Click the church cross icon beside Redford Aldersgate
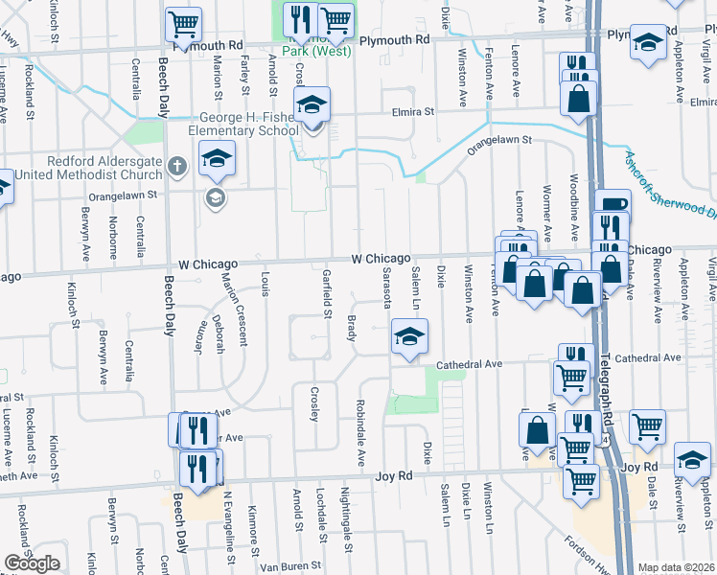[176, 167]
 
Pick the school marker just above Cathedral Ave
[409, 336]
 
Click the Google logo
[32, 563]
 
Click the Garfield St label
[327, 294]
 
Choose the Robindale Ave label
[361, 433]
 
